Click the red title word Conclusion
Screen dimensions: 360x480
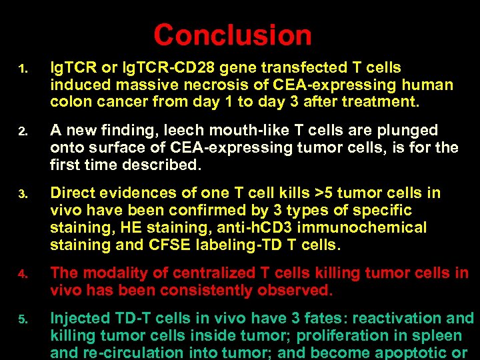[x=233, y=35]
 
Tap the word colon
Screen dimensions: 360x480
[x=69, y=103]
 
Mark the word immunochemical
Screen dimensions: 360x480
[x=370, y=227]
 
